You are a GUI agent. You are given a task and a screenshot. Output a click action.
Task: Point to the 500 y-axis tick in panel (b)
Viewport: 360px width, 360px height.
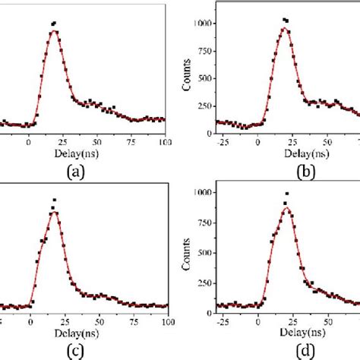tap(200, 78)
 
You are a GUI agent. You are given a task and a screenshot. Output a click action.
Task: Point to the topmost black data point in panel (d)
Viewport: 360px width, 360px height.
tap(286, 193)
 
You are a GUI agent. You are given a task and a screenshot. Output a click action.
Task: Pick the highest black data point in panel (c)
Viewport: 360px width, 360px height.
tap(54, 200)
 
